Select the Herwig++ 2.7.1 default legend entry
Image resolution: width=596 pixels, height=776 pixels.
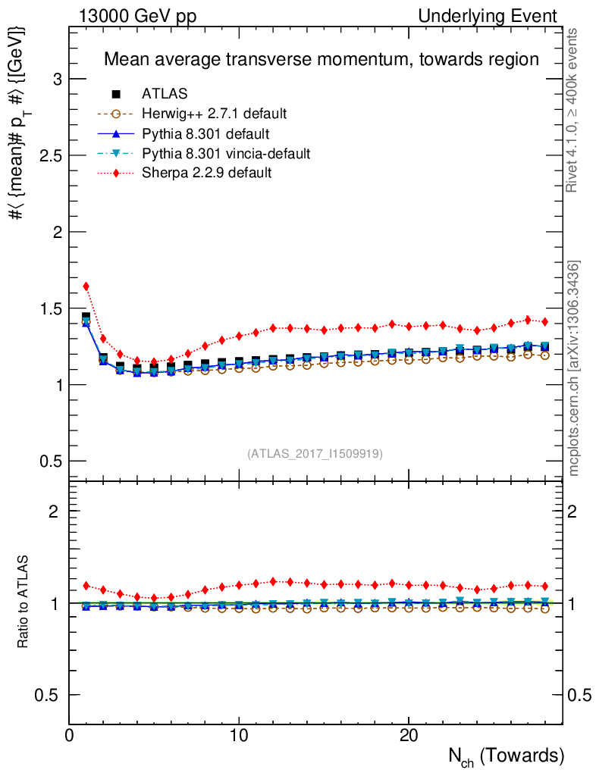pos(214,114)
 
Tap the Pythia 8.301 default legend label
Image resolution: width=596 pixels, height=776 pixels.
pos(205,134)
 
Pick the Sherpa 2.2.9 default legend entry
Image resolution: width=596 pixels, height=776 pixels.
pos(206,174)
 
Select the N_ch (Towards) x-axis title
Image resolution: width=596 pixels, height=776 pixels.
pos(504,756)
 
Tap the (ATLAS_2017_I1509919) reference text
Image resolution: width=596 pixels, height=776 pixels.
pos(315,454)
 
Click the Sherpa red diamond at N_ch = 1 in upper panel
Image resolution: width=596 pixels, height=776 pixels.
pos(86,286)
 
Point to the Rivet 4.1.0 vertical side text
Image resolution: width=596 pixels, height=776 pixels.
pos(574,111)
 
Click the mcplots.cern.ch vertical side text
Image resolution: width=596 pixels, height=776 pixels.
pos(574,368)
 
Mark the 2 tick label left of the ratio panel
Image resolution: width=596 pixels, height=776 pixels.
pos(54,511)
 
